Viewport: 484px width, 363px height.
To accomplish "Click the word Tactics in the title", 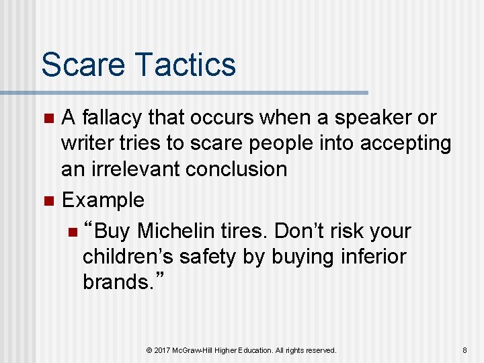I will click(x=185, y=65).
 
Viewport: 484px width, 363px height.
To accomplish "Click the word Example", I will click(x=102, y=200).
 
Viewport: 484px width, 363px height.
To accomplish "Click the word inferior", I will click(x=368, y=257).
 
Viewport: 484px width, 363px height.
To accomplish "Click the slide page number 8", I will click(x=464, y=350).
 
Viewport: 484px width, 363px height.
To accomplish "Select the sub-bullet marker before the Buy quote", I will click(x=72, y=232).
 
